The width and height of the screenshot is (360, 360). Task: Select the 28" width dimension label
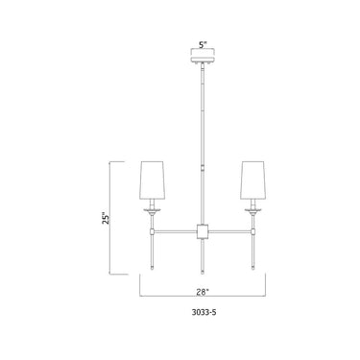(x=203, y=286)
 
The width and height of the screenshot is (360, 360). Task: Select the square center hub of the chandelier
(x=203, y=230)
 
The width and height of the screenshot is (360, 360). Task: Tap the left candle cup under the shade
(x=151, y=210)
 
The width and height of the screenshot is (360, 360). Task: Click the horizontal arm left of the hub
(x=175, y=230)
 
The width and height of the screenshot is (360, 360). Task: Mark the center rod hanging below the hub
(x=203, y=253)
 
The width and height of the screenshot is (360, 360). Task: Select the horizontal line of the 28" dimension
(x=173, y=295)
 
